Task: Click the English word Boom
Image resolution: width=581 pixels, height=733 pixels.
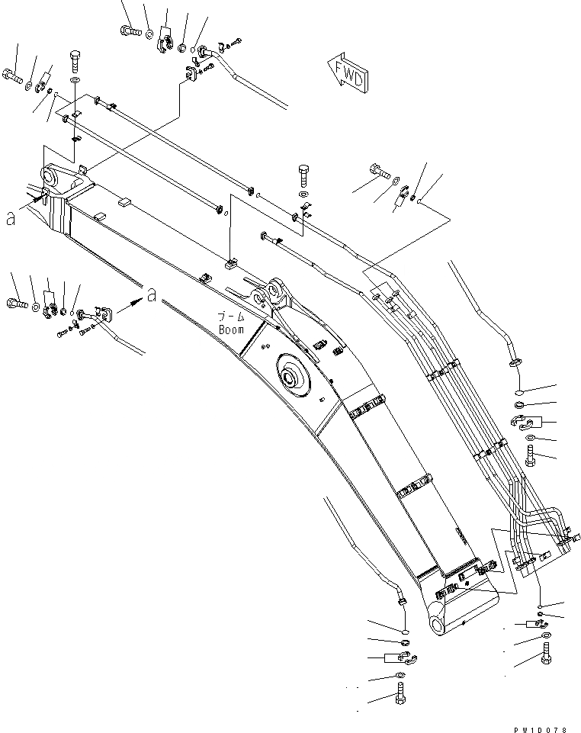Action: point(231,330)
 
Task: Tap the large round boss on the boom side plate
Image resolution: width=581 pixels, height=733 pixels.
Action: point(292,378)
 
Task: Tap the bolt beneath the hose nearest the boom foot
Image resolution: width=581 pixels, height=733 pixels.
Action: point(400,695)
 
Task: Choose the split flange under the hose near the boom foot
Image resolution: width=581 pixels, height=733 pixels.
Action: point(401,656)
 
